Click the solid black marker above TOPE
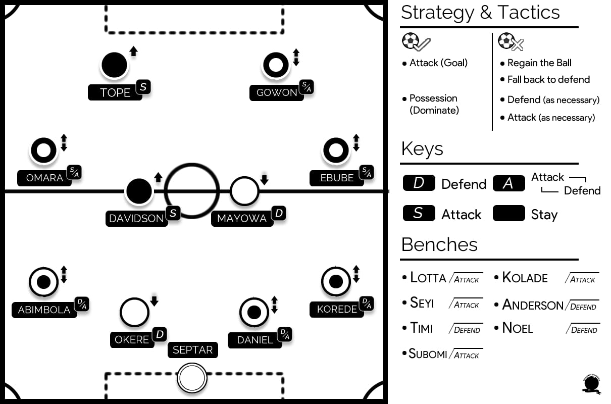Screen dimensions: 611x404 (114, 65)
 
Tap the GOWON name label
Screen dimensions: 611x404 (277, 93)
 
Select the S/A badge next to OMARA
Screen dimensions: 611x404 (74, 172)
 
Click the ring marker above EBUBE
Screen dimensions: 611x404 (336, 150)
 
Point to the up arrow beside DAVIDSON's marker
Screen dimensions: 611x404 (158, 177)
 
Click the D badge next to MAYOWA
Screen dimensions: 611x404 (279, 213)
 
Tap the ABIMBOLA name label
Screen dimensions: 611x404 (44, 310)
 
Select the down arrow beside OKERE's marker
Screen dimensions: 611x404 (155, 301)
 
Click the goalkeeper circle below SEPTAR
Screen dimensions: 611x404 (192, 378)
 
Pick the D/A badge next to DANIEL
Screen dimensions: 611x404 (285, 334)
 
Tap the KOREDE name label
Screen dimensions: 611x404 (337, 310)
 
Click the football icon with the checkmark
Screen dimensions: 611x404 (416, 42)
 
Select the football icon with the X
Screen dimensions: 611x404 (511, 42)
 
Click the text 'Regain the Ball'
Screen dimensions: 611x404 (539, 63)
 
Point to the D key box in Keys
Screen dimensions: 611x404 (419, 183)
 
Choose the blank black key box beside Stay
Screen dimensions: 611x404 (508, 213)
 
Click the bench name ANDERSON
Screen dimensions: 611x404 (533, 305)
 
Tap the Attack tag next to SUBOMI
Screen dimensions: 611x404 (466, 355)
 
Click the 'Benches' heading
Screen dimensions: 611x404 (439, 244)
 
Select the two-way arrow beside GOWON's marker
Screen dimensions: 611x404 (296, 57)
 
